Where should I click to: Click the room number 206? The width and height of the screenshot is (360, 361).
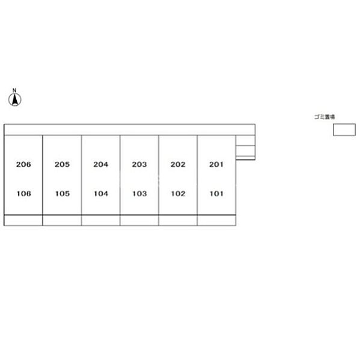coord(23,164)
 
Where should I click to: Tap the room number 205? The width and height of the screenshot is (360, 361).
coord(62,164)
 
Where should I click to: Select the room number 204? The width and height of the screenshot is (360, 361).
coord(101,164)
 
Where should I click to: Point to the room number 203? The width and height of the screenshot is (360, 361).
coord(139,164)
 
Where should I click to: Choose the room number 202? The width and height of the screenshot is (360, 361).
coord(178,164)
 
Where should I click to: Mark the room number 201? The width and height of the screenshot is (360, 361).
coord(216,164)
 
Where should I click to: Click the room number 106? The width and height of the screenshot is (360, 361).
coord(23,194)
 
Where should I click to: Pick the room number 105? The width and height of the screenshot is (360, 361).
coord(63,194)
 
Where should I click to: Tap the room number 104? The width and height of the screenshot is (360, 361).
coord(101,194)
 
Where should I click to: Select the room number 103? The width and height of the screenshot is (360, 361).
coord(139,194)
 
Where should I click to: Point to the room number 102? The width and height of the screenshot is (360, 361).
coord(178,194)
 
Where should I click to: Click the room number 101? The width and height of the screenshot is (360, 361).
coord(216,194)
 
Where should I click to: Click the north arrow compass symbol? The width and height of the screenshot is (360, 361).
coord(15,100)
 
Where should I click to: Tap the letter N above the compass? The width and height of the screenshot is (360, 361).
coord(14,90)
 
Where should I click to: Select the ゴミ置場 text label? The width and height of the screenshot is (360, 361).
coord(325,117)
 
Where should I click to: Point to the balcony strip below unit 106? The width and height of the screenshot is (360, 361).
coord(23,220)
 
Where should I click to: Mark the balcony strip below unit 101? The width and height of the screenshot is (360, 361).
coord(216,220)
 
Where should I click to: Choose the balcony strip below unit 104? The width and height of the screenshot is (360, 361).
coord(101,220)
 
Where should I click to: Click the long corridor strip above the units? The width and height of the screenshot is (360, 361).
coord(129,129)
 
